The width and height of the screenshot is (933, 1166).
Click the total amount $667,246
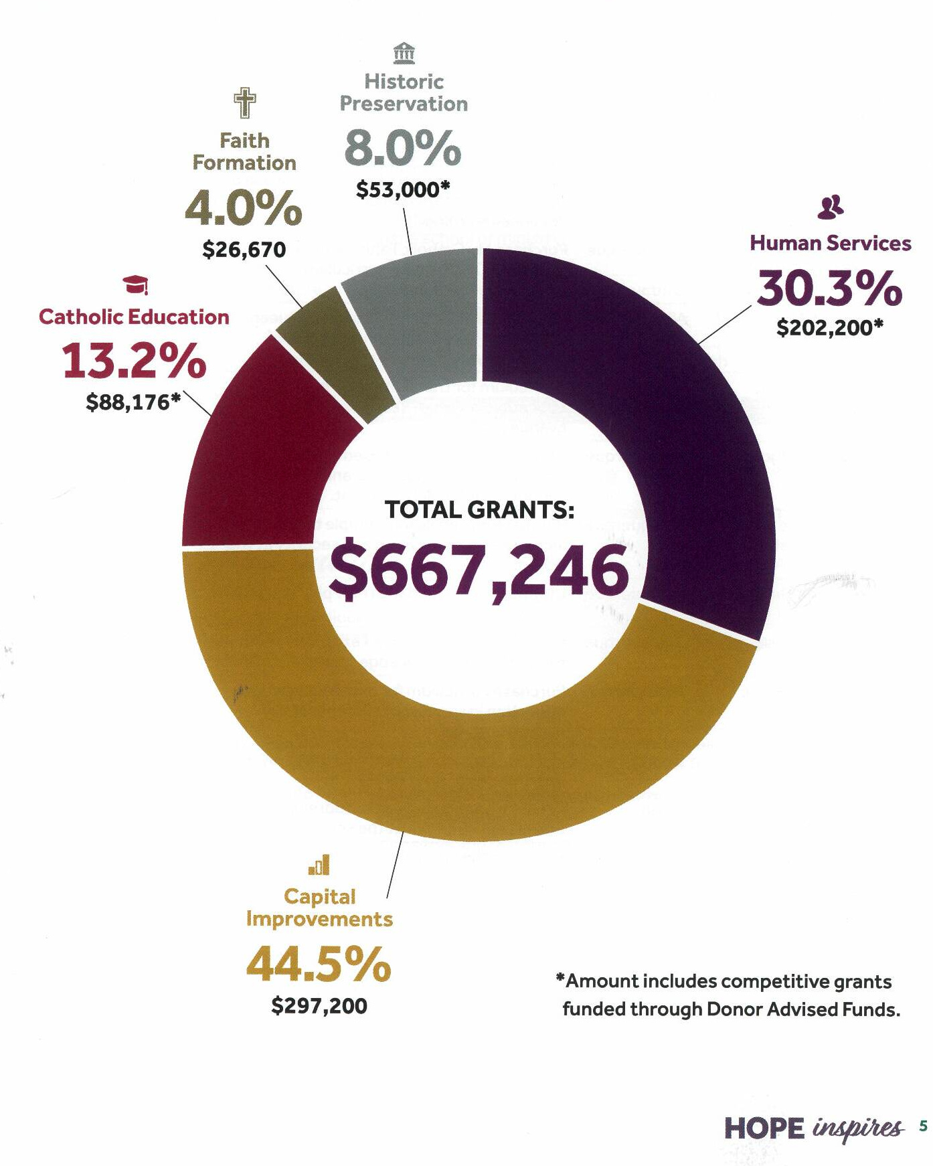(479, 570)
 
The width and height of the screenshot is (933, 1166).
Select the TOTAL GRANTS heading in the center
(479, 510)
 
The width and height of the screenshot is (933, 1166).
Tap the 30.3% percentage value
(830, 288)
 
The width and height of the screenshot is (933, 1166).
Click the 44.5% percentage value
(319, 964)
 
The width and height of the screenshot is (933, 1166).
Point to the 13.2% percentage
(135, 361)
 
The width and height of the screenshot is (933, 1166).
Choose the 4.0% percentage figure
(244, 207)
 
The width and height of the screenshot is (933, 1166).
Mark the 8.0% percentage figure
(403, 148)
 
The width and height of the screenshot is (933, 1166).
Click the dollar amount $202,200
(830, 328)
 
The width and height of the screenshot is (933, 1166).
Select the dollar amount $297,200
(319, 1005)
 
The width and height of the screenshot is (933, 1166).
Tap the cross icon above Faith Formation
(245, 102)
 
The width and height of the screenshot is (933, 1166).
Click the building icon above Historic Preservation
(404, 52)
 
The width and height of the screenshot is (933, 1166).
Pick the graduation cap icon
(136, 285)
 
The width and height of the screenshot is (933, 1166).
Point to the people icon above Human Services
(831, 207)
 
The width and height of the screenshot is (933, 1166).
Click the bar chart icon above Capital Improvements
(319, 865)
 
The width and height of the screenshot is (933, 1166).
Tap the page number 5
(924, 1126)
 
